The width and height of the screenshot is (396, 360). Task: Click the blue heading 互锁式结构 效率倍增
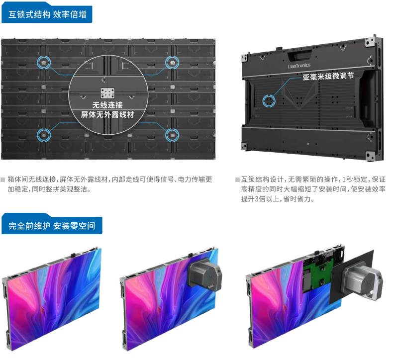click(x=47, y=14)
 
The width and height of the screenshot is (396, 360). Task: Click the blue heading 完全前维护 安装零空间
click(x=52, y=225)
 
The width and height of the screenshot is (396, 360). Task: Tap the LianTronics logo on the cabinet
click(x=299, y=66)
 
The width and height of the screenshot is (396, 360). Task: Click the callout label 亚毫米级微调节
click(x=328, y=76)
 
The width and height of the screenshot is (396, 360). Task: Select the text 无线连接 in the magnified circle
click(x=107, y=105)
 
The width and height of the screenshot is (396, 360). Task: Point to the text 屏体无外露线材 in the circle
click(x=107, y=115)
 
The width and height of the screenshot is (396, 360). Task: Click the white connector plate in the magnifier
click(x=107, y=93)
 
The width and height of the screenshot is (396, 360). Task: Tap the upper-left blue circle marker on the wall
click(x=44, y=62)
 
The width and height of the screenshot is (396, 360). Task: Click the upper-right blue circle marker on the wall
click(x=172, y=62)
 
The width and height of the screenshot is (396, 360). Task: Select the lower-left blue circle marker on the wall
click(x=44, y=135)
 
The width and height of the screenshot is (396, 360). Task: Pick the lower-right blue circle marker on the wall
click(x=172, y=135)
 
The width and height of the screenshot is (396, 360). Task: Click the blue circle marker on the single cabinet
click(x=269, y=101)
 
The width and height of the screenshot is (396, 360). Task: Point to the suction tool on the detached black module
click(x=362, y=281)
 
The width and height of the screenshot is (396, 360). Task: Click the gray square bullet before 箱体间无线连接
click(x=3, y=180)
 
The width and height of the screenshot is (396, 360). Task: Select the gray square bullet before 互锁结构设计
click(x=237, y=180)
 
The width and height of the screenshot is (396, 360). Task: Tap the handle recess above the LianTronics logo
click(x=300, y=55)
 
